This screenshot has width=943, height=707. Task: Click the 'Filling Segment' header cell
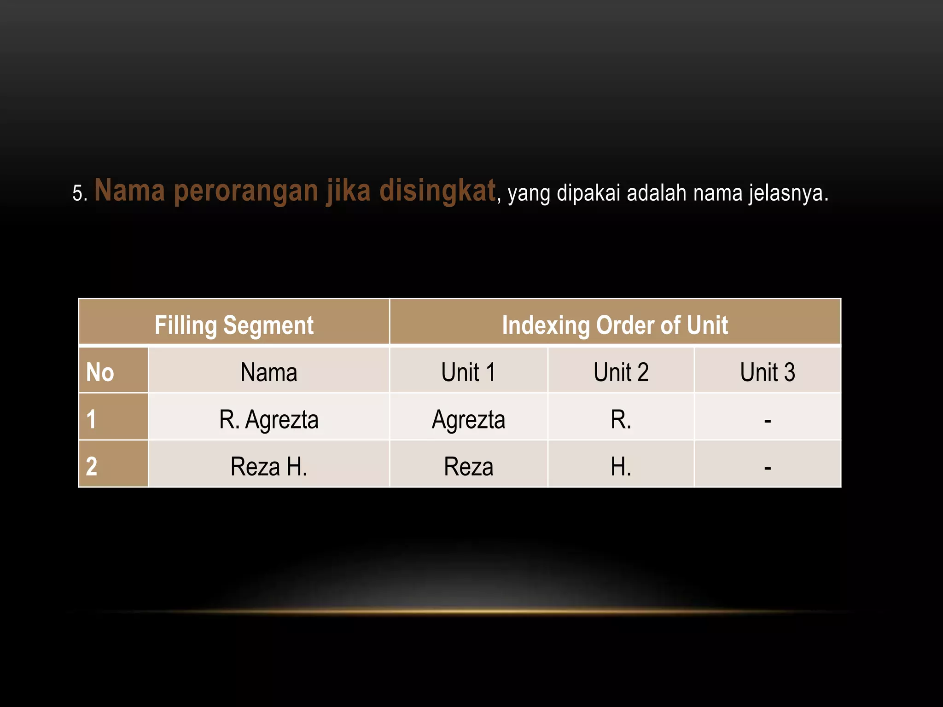tap(234, 325)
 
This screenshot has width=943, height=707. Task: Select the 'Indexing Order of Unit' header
tap(615, 325)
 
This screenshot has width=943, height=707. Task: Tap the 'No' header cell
tap(100, 372)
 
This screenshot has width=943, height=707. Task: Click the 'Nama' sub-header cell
tap(268, 372)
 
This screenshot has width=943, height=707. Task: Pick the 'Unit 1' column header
tap(468, 372)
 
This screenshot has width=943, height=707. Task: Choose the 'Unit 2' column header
tap(621, 372)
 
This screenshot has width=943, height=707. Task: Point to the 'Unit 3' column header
tap(767, 372)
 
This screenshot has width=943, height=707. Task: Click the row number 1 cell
tap(92, 419)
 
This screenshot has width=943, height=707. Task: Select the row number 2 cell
tap(92, 466)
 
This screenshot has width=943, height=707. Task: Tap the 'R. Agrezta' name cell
tap(268, 419)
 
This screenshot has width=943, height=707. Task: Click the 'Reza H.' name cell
tap(268, 466)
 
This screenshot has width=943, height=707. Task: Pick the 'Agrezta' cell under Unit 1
tap(468, 419)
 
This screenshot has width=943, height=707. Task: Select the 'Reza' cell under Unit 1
tap(468, 466)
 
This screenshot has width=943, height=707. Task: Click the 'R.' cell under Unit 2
tap(621, 419)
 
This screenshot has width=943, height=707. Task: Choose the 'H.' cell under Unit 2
tap(621, 466)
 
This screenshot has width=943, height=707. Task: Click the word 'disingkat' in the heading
tap(437, 191)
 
